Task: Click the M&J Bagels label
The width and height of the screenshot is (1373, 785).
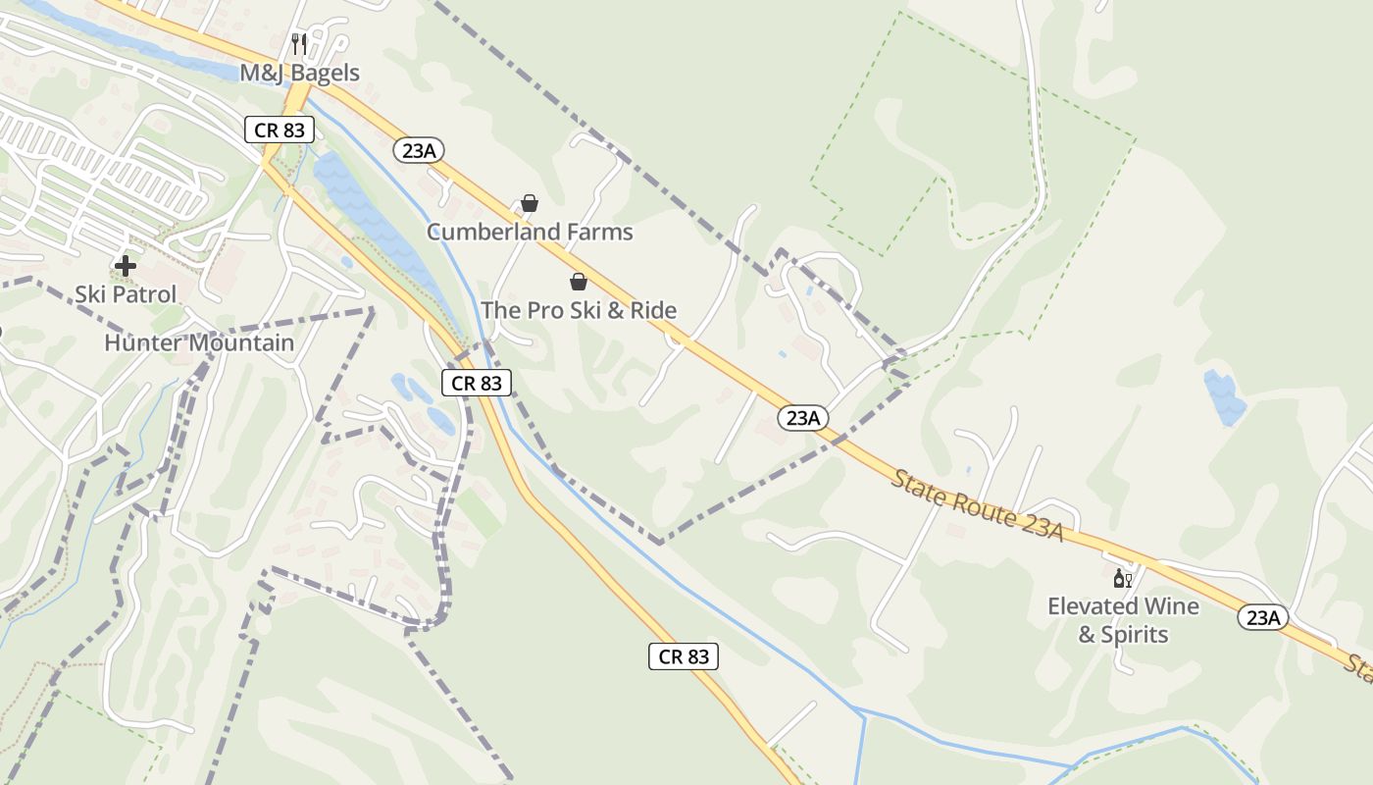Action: (300, 73)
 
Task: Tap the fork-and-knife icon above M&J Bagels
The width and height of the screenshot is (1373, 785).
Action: (300, 44)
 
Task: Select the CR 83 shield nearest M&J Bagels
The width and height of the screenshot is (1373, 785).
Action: (280, 129)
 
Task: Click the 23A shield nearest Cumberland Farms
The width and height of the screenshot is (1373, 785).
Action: (420, 150)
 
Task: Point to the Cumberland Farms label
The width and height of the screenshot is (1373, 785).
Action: (530, 233)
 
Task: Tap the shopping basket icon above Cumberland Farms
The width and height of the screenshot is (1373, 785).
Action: (530, 203)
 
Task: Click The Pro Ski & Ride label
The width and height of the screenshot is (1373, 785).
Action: (579, 311)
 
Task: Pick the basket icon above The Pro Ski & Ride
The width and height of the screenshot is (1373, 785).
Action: (579, 282)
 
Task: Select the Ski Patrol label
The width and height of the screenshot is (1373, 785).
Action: (126, 294)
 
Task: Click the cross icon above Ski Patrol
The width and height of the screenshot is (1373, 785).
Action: (126, 265)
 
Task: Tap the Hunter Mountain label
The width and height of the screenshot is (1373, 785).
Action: (199, 342)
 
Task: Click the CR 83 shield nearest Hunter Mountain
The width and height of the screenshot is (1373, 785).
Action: (477, 383)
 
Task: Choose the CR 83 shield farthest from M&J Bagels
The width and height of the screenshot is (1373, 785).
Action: (684, 656)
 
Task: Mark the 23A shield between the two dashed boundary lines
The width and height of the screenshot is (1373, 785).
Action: (802, 418)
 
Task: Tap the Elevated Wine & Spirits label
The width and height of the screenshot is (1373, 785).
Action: (1123, 620)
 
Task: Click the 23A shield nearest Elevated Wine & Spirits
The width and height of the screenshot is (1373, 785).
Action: (1263, 617)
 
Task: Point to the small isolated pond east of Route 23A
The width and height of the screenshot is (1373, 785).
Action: (1224, 396)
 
